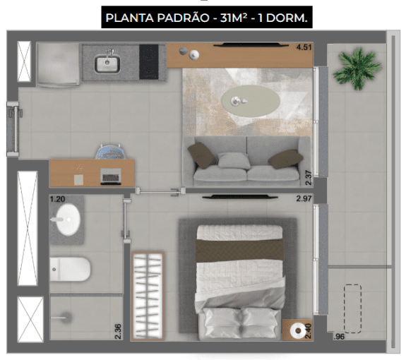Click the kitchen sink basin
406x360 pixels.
pyautogui.click(x=108, y=64)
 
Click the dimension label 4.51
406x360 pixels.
pyautogui.click(x=304, y=48)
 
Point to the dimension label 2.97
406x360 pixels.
pyautogui.click(x=304, y=198)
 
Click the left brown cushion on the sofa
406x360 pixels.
pyautogui.click(x=202, y=155)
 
